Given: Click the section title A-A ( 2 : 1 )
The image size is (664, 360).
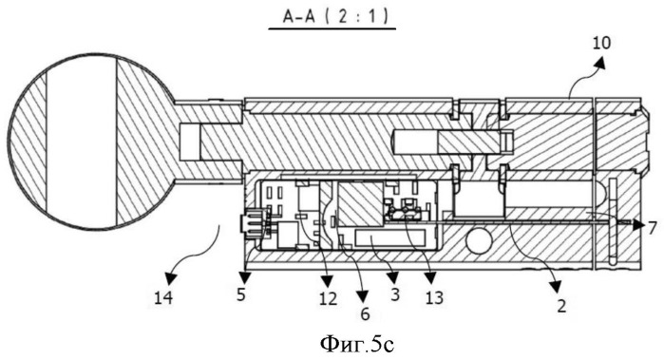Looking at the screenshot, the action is (x=335, y=16).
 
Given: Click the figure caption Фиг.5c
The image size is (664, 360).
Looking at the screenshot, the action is (x=357, y=344).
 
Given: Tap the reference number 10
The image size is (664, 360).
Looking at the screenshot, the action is (x=601, y=43).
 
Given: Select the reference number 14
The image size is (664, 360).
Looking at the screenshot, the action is (x=163, y=298).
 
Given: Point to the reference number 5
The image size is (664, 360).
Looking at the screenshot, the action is (x=241, y=294).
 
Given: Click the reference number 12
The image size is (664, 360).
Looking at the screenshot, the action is (x=365, y=313).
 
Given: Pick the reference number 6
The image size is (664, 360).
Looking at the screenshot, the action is (x=652, y=228).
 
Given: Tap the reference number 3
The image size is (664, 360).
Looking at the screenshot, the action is (x=395, y=294).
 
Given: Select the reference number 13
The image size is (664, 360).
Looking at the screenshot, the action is (x=434, y=297).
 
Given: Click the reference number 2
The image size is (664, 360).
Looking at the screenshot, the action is (x=561, y=305).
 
